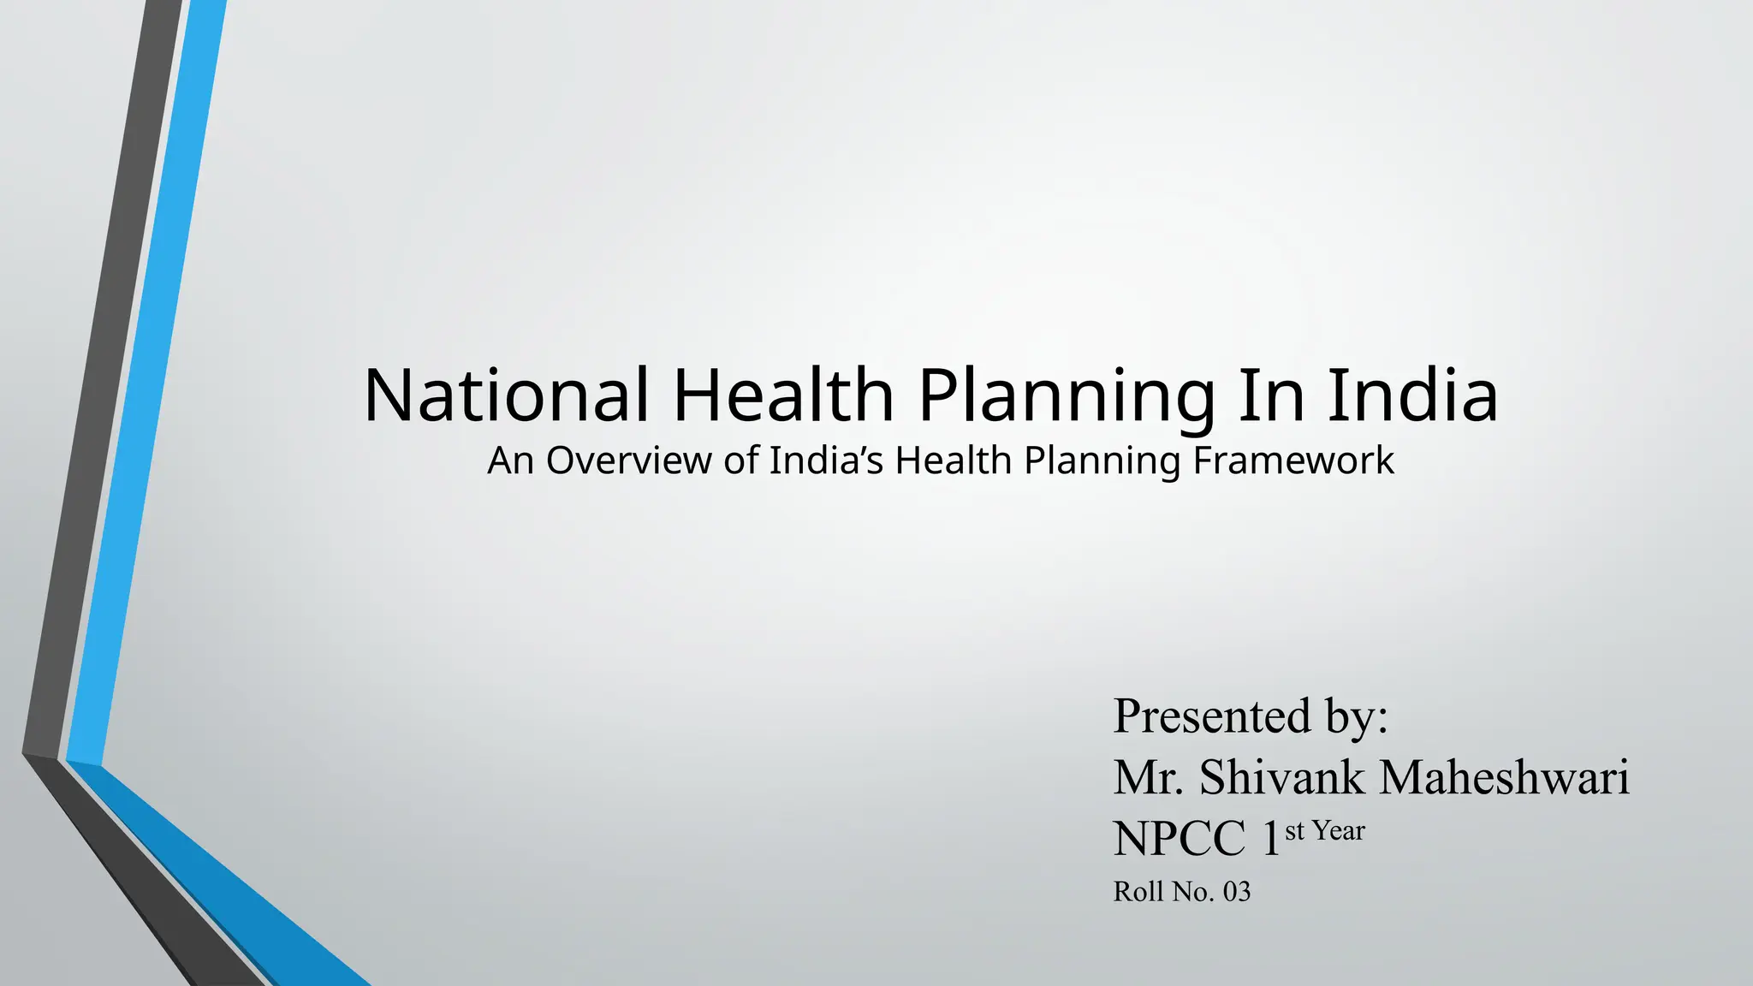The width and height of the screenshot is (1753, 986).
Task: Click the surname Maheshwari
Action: pos(1505,777)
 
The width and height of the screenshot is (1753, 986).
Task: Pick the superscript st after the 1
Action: pos(1294,830)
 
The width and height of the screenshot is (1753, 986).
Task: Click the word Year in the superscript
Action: pos(1339,830)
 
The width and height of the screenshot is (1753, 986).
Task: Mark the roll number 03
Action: pos(1237,892)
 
